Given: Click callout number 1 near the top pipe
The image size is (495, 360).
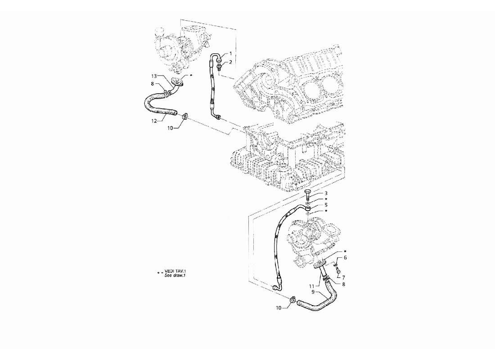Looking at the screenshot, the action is (230, 54).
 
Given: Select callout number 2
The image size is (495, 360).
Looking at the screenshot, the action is (230, 62).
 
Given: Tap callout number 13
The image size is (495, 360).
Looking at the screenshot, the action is (154, 76).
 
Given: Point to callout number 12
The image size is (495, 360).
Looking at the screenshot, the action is (154, 121).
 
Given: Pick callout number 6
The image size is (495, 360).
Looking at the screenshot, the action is (345, 258).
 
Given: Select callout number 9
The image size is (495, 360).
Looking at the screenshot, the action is (313, 292).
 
